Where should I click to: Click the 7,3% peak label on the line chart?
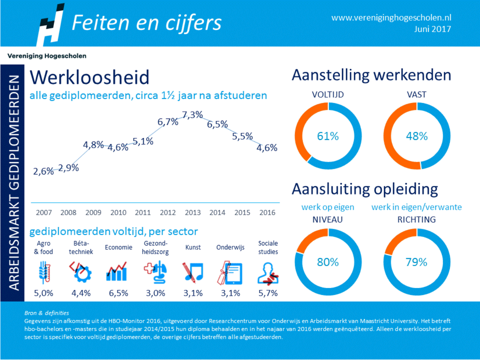tap(192, 115)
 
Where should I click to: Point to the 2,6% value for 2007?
tap(43, 171)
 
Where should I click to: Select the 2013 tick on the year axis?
tap(192, 213)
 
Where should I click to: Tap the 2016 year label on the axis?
tap(267, 213)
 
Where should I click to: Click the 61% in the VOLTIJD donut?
tap(328, 136)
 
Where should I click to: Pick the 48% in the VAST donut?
tap(417, 136)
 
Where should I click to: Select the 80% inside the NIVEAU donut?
tap(328, 262)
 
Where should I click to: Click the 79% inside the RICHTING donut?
tap(417, 262)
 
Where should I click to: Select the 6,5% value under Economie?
tap(118, 293)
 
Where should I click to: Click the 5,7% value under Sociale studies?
tap(268, 293)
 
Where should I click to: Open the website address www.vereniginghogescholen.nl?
tap(391, 18)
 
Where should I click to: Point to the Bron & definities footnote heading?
tap(46, 313)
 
